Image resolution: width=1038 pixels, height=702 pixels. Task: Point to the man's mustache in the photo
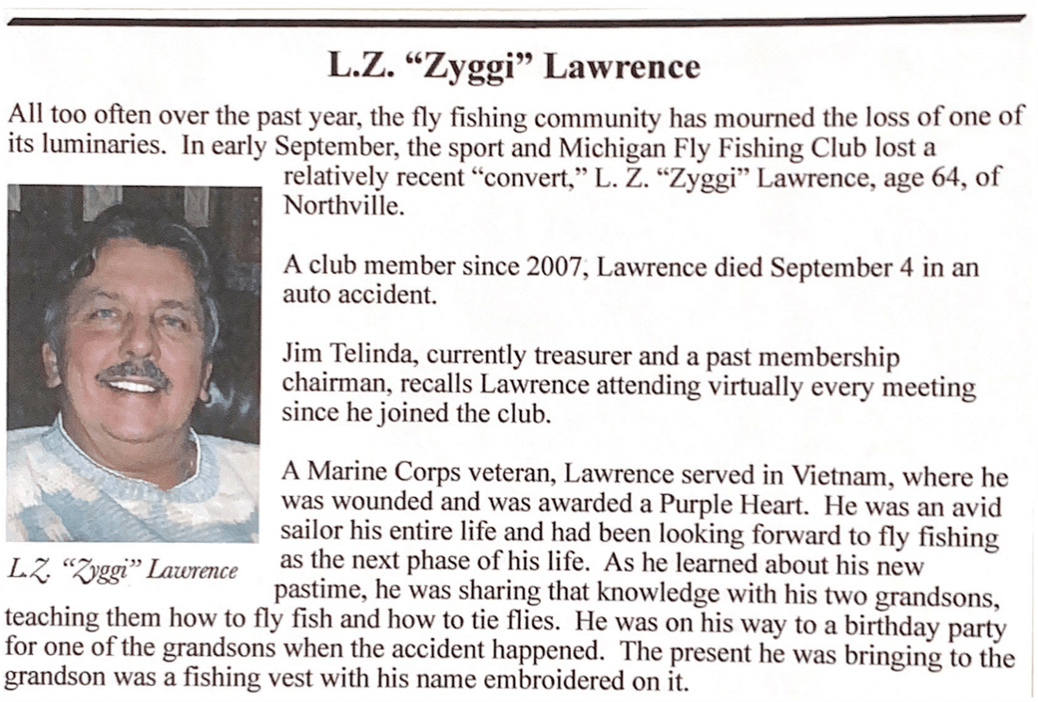134,369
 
